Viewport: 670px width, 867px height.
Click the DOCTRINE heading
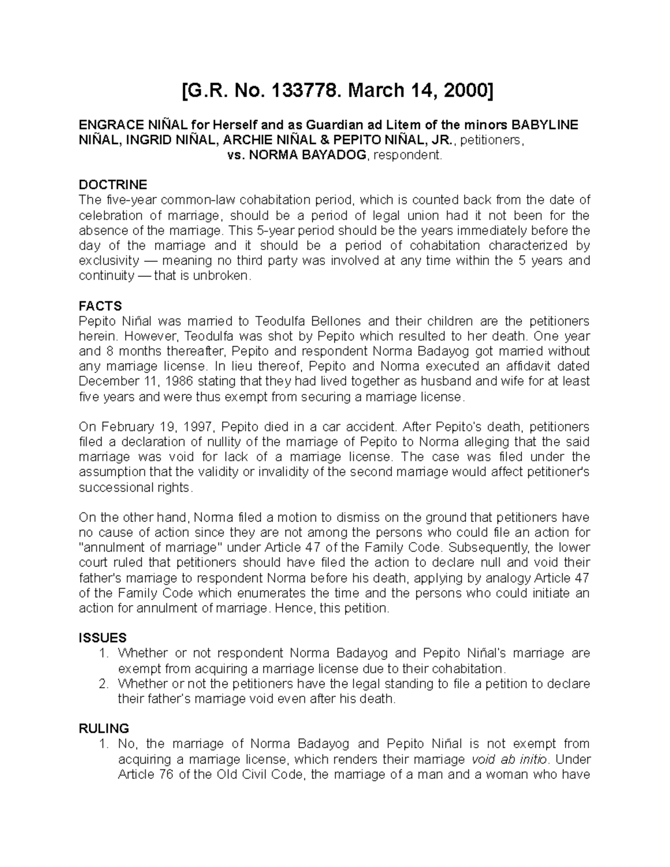click(x=113, y=185)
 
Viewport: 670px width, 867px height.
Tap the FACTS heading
click(x=100, y=306)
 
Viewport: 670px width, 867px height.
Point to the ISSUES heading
click(x=103, y=638)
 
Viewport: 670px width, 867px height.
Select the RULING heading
click(x=104, y=729)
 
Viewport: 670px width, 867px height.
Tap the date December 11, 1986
click(x=126, y=382)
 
